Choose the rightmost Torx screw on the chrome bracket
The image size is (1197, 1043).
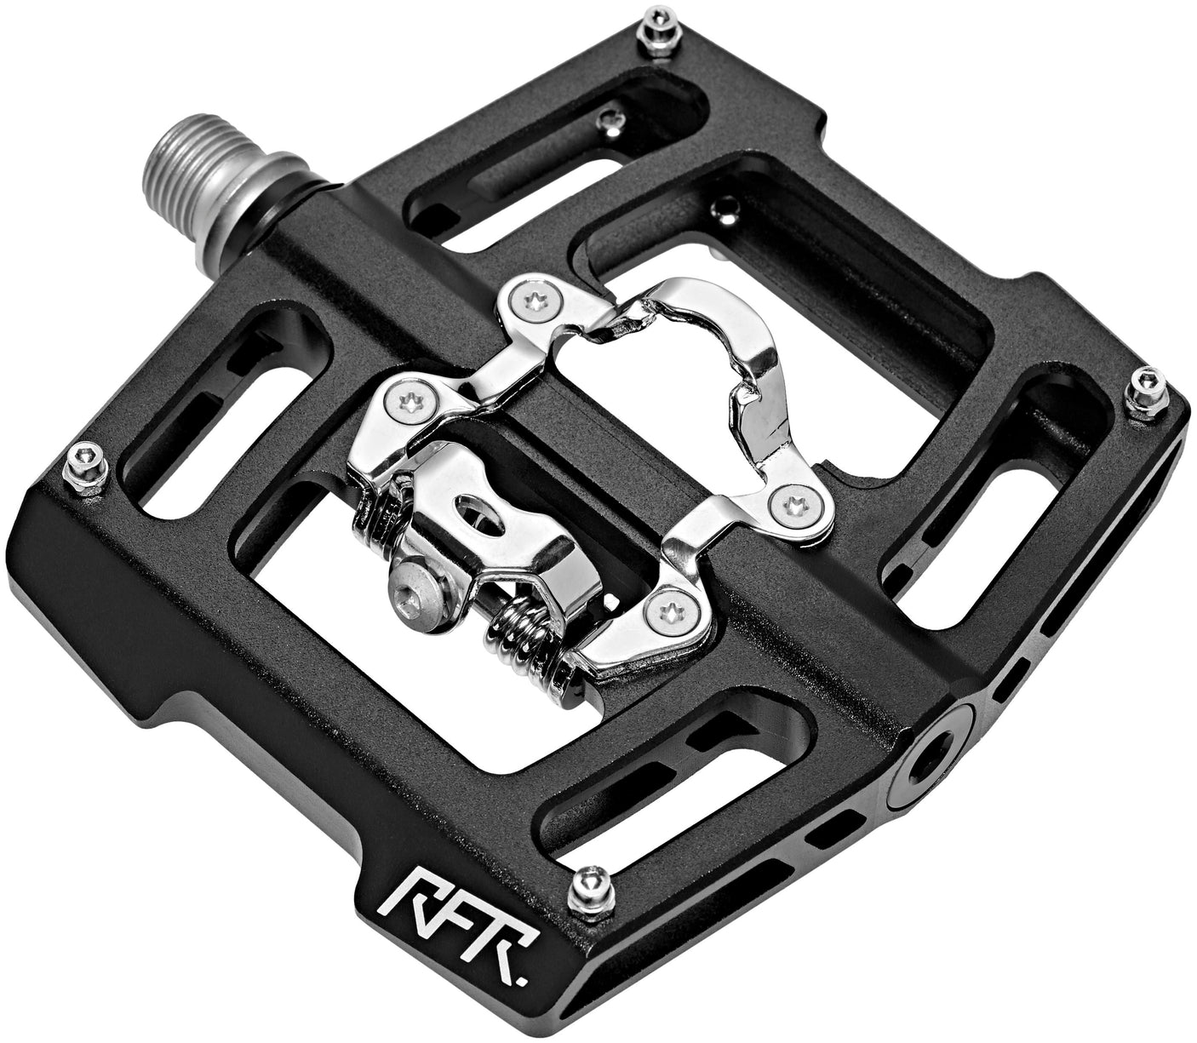tap(796, 502)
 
